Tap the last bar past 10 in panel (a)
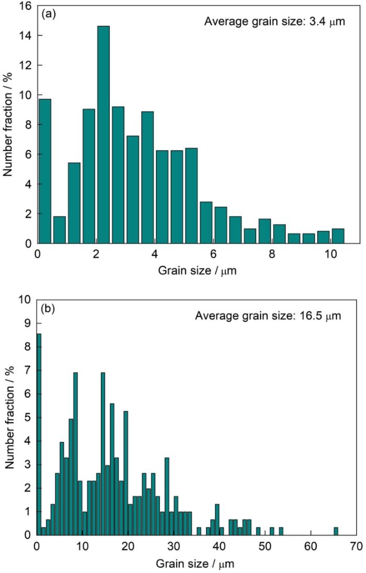tap(338, 236)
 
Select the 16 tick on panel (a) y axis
tap(26, 6)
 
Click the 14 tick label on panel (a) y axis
tap(26, 36)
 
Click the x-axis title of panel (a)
tap(197, 272)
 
